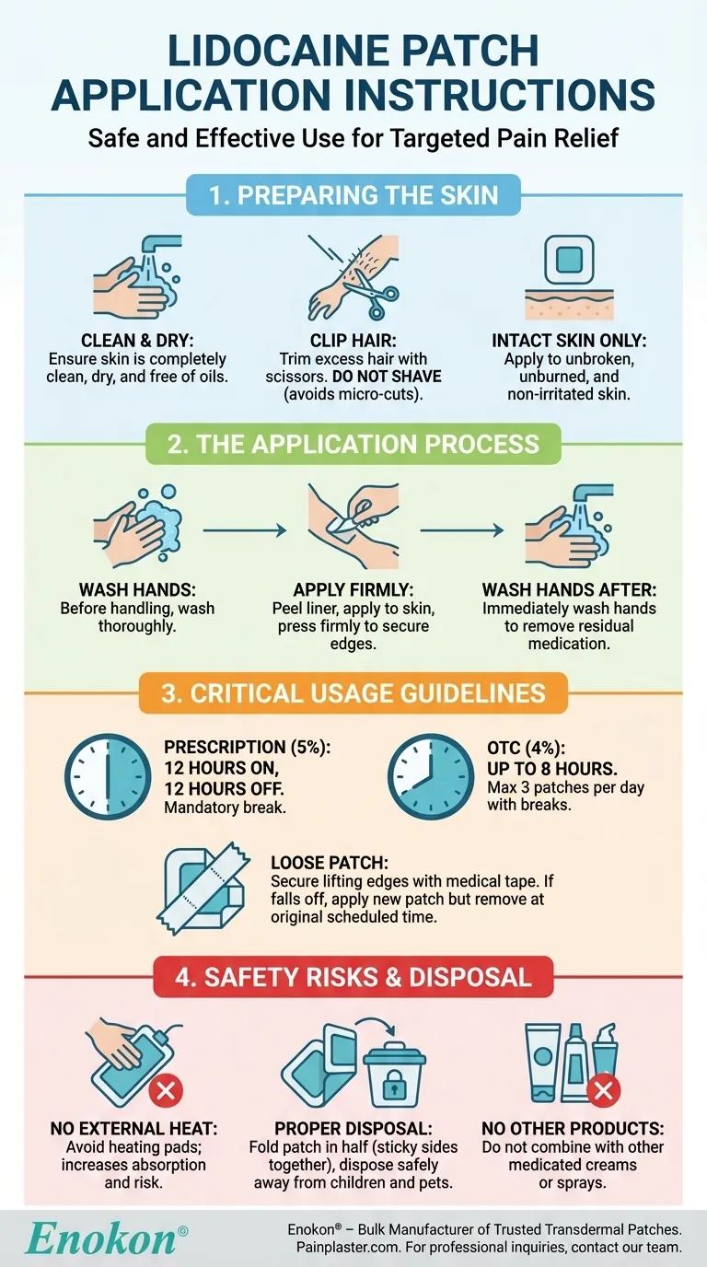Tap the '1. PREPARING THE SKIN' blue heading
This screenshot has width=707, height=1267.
(353, 195)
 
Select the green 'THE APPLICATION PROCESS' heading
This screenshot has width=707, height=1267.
(353, 443)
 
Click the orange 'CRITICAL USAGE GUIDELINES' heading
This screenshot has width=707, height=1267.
(353, 692)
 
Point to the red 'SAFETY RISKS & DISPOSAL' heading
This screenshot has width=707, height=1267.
(353, 976)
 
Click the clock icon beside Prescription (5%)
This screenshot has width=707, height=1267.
(107, 777)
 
